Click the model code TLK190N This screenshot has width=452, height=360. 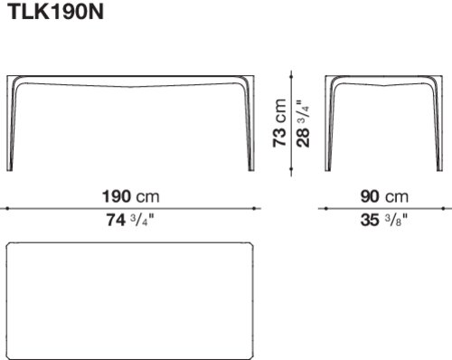57,13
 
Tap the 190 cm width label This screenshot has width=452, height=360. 131,196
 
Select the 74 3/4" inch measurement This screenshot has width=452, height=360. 130,220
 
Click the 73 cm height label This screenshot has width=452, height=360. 279,123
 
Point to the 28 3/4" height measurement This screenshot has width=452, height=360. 303,124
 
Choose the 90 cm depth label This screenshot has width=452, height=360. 384,196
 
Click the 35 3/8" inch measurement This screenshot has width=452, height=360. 384,220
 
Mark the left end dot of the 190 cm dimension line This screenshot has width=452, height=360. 7,208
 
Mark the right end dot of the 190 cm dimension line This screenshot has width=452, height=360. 254,208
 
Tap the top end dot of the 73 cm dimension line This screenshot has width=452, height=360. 291,77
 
